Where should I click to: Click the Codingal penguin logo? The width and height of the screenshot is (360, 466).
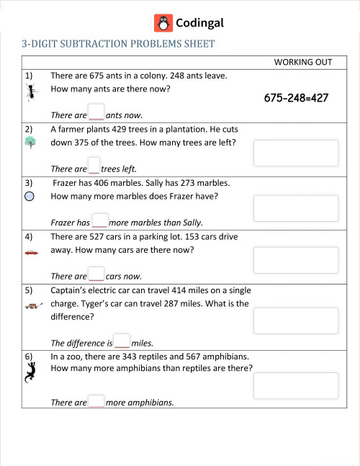click(x=163, y=23)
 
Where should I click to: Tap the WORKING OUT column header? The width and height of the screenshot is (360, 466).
click(x=302, y=62)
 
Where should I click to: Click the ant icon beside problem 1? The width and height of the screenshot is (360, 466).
click(x=30, y=91)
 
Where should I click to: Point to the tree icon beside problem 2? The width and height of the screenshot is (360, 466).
click(x=30, y=143)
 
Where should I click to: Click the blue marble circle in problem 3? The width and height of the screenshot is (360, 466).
click(x=30, y=195)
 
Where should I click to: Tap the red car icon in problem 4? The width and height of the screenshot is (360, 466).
click(x=30, y=253)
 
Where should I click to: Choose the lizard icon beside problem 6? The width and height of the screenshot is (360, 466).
click(x=30, y=372)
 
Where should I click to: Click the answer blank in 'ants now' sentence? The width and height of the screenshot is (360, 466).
click(x=96, y=113)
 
